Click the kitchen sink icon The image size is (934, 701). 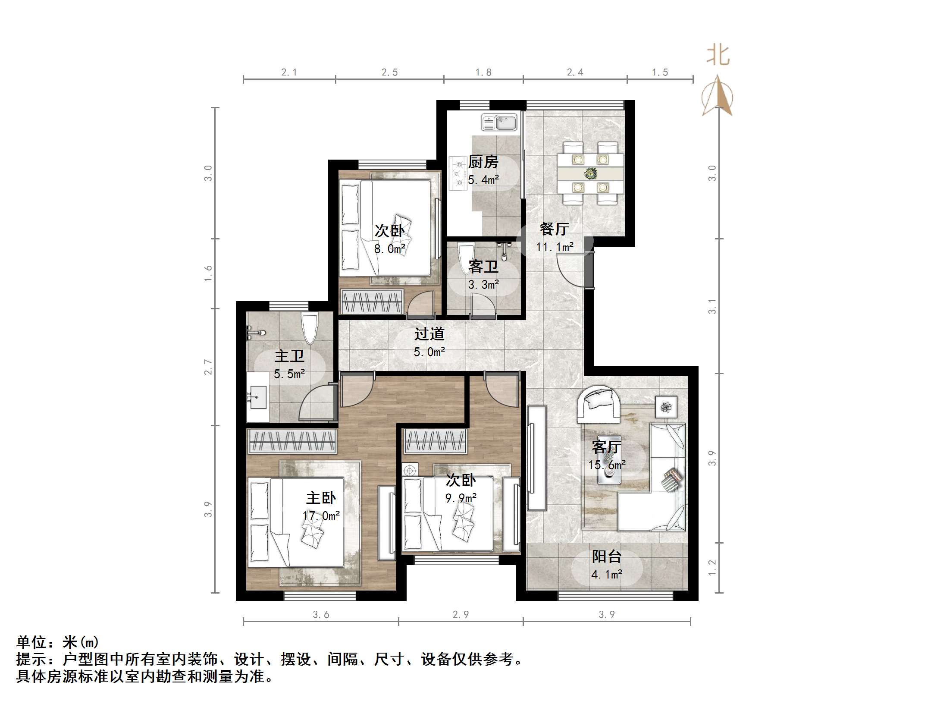pyautogui.click(x=499, y=122)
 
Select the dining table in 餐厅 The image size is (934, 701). pyautogui.click(x=590, y=173)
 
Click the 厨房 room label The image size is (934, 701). pyautogui.click(x=483, y=162)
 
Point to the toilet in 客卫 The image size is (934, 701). pyautogui.click(x=466, y=258)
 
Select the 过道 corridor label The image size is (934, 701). pyautogui.click(x=429, y=334)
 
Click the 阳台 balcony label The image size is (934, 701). pyautogui.click(x=606, y=556)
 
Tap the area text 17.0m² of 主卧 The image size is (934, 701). pyautogui.click(x=321, y=516)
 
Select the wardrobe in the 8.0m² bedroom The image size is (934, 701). pyautogui.click(x=371, y=302)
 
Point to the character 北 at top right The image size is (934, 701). pyautogui.click(x=718, y=55)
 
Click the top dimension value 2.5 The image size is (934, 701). pyautogui.click(x=389, y=72)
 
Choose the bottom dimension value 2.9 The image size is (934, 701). pyautogui.click(x=461, y=614)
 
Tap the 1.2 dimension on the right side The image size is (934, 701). pyautogui.click(x=712, y=568)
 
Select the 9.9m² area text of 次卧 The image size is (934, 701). pyautogui.click(x=461, y=498)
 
